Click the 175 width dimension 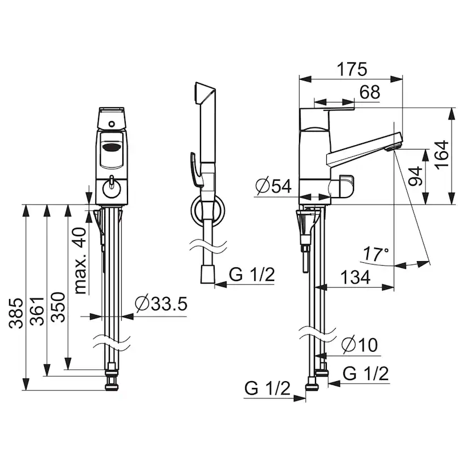[x=352, y=70]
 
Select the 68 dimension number [x=370, y=92]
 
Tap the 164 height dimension [x=442, y=155]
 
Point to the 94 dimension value [x=415, y=177]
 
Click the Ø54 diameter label [x=274, y=186]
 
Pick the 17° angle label [x=376, y=254]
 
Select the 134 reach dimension [x=355, y=277]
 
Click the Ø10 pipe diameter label [x=360, y=344]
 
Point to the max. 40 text [x=80, y=261]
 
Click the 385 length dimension [x=15, y=313]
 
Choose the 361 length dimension [x=37, y=311]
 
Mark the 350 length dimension [x=58, y=307]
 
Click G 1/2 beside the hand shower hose [x=252, y=274]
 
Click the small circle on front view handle [x=112, y=123]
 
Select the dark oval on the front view [x=112, y=147]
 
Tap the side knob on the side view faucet [x=343, y=186]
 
